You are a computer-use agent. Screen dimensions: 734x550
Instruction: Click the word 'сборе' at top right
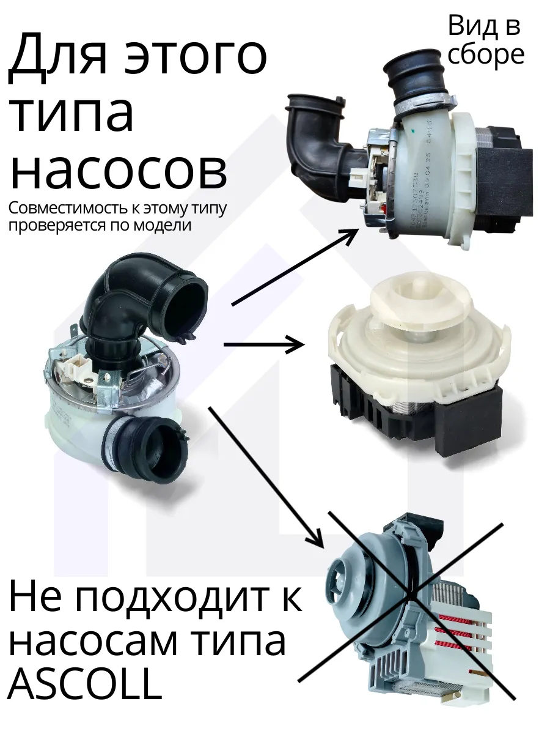click(x=486, y=55)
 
